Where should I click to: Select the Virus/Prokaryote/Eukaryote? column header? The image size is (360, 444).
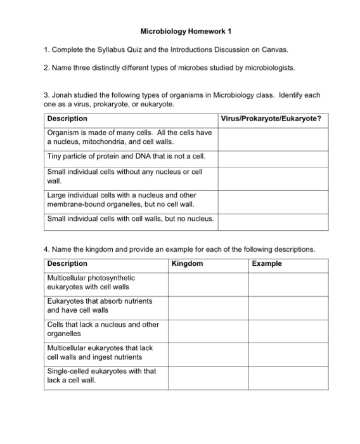(x=271, y=119)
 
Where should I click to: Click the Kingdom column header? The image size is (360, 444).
(x=188, y=263)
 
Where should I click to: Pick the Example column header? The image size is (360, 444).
(x=267, y=263)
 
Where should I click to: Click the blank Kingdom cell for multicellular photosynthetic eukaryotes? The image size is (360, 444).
(x=208, y=283)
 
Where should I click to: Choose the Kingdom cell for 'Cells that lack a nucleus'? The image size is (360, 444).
(x=208, y=329)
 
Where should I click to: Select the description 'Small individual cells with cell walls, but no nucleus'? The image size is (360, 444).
(x=131, y=219)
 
